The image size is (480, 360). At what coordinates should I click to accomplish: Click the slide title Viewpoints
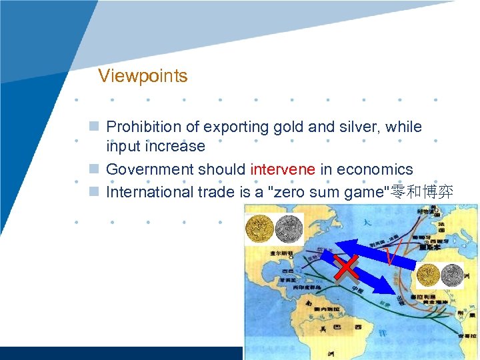click(143, 76)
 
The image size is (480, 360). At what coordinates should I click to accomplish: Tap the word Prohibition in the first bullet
click(143, 127)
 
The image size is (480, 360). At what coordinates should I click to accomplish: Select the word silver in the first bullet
click(351, 127)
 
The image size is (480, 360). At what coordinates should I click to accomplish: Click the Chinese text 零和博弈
click(423, 193)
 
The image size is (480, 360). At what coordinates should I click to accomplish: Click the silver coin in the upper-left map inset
click(288, 229)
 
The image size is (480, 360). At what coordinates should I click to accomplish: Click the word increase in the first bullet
click(176, 147)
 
